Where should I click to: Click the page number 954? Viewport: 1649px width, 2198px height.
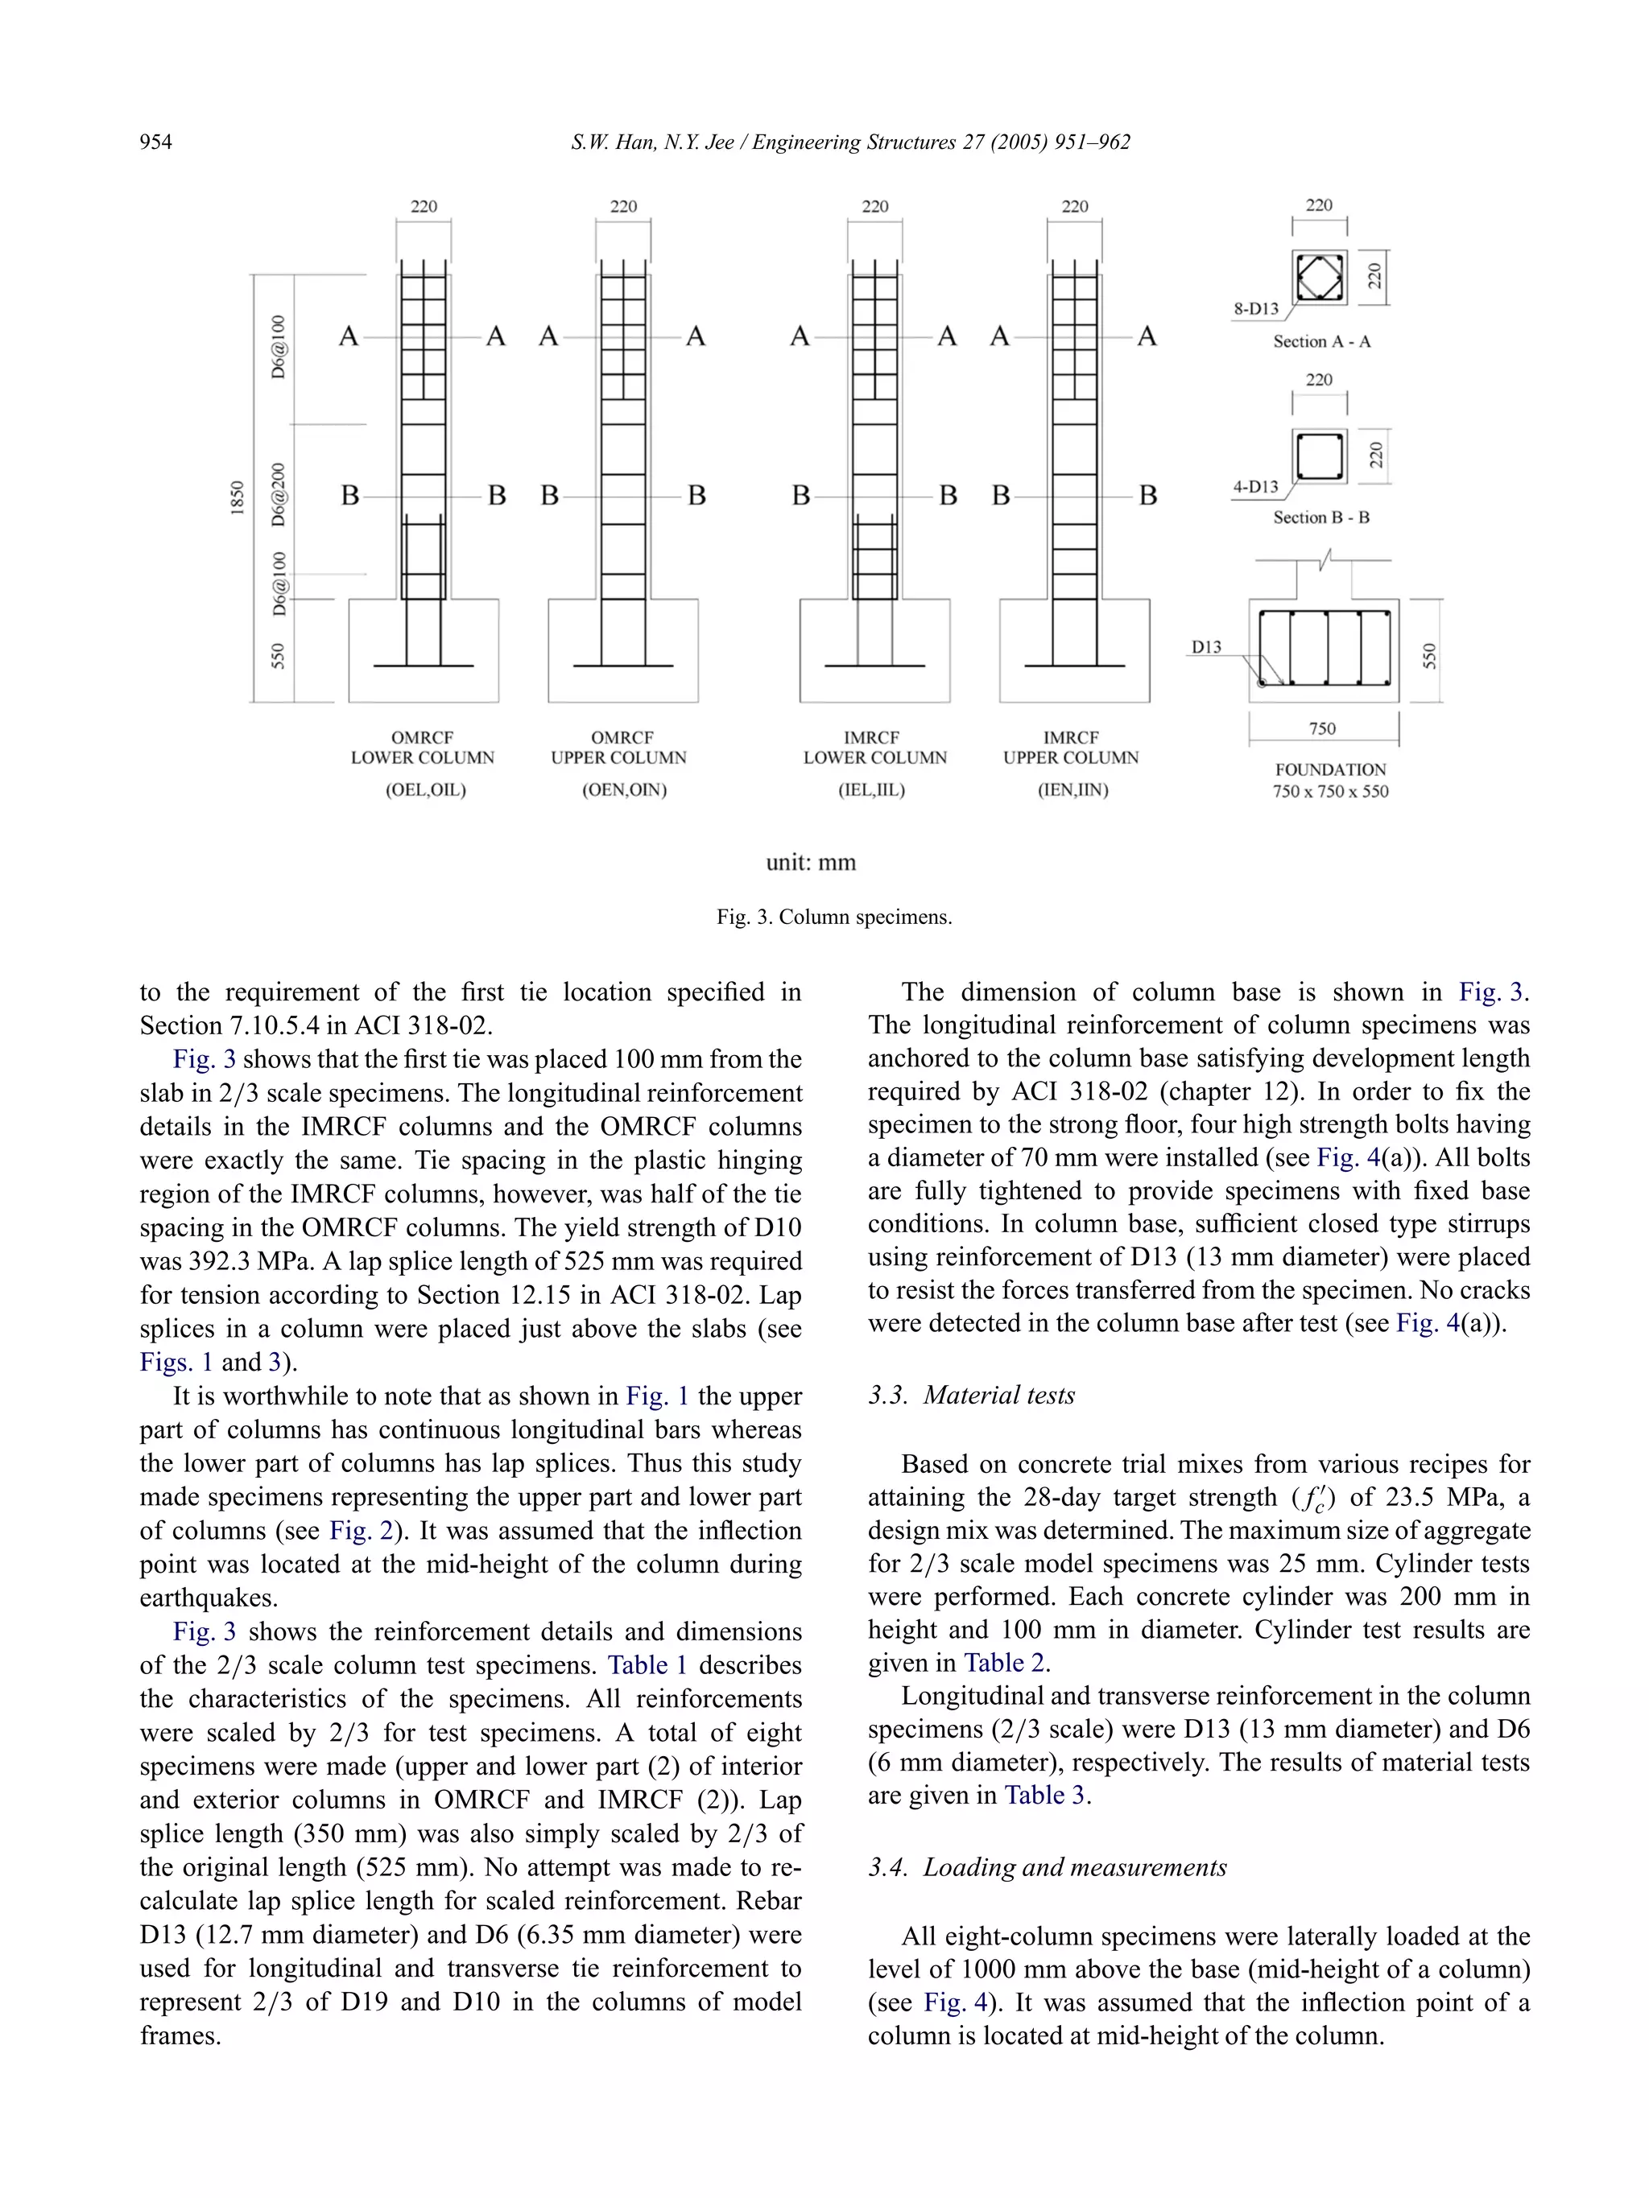[x=156, y=142]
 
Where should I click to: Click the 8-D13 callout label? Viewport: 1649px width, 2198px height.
[x=1255, y=309]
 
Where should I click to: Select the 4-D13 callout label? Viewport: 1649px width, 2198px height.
[x=1255, y=487]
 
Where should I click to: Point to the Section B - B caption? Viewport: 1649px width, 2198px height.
[x=1321, y=518]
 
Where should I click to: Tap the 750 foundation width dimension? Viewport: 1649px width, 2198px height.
[x=1322, y=728]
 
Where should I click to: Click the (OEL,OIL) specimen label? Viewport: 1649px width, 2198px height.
[x=425, y=790]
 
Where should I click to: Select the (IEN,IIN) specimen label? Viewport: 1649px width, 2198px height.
[x=1072, y=790]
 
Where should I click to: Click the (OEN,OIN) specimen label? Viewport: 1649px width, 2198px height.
[x=624, y=790]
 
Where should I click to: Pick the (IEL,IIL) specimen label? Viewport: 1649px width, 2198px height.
[x=872, y=790]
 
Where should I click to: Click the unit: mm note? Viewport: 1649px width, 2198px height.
[x=810, y=861]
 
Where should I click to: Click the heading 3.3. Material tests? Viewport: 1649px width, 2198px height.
[x=971, y=1395]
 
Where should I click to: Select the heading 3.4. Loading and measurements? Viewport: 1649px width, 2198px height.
[x=1047, y=1867]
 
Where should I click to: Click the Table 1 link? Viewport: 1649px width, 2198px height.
[x=647, y=1665]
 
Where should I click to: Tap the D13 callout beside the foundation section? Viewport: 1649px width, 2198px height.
[x=1205, y=648]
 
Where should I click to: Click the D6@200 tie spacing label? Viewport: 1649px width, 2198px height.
[x=279, y=494]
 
